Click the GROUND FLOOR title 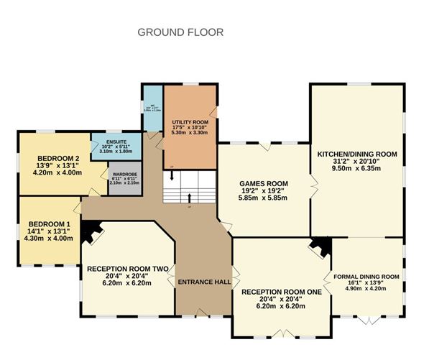[180, 32]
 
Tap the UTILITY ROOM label [190, 114]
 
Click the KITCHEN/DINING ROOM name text [357, 154]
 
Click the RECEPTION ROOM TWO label [127, 268]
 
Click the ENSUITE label [116, 142]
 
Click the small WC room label [152, 106]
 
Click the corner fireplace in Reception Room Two [90, 230]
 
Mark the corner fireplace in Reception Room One [318, 246]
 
